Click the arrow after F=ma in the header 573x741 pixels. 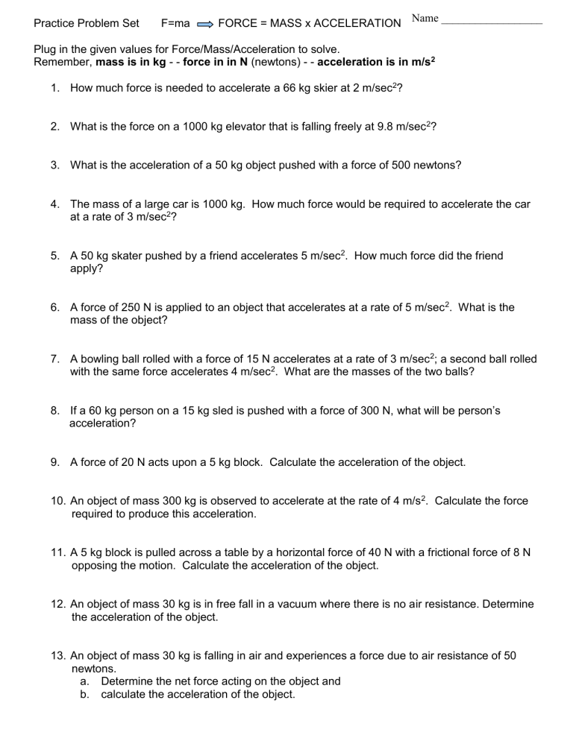pos(205,24)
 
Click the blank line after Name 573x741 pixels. pos(492,23)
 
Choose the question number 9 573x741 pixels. pos(55,462)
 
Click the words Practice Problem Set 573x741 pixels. pos(87,24)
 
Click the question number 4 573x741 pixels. pos(55,204)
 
